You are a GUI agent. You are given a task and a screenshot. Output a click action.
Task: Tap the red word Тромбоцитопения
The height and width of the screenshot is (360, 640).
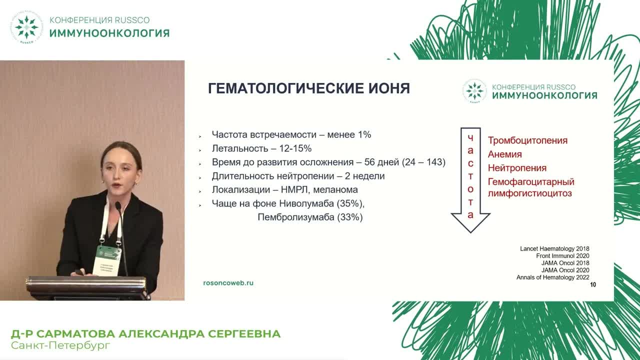click(x=527, y=140)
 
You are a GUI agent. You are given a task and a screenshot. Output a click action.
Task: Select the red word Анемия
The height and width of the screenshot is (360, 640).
click(x=504, y=154)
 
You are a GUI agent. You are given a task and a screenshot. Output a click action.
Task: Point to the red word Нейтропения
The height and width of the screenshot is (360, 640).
click(x=517, y=168)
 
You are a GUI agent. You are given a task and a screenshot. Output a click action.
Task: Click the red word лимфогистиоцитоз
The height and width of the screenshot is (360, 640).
click(x=529, y=193)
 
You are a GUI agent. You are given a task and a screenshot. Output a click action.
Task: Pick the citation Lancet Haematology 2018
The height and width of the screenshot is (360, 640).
click(x=554, y=248)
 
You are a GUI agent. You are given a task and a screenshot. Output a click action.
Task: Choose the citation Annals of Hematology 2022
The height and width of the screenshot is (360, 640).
click(x=552, y=277)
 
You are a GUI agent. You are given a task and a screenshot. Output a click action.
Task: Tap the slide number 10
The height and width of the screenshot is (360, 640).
click(x=593, y=285)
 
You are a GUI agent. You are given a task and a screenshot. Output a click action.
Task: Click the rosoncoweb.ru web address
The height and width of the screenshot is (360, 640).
click(x=228, y=282)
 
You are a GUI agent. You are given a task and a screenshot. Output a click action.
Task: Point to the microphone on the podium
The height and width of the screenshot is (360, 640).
click(x=118, y=205)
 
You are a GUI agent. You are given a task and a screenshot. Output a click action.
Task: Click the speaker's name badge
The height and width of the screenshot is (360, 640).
click(x=108, y=259)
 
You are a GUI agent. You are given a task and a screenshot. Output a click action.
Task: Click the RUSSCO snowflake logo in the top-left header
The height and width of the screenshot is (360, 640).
click(x=26, y=27)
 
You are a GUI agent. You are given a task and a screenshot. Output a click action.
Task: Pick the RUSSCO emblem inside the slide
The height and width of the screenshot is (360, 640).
click(x=474, y=91)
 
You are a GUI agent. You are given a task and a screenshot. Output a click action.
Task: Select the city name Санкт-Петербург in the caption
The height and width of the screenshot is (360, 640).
click(x=60, y=345)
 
